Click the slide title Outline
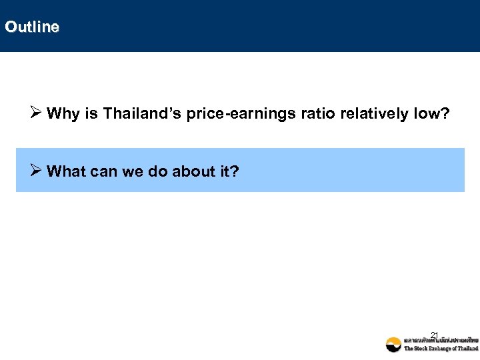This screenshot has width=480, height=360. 31,27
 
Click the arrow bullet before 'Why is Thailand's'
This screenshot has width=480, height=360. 38,114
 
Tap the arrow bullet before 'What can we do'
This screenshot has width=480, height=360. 38,172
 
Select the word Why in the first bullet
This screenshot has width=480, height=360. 63,114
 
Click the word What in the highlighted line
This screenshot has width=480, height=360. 66,172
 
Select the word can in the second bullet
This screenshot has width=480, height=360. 101,172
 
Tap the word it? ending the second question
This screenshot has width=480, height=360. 228,172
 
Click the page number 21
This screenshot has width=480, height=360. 434,335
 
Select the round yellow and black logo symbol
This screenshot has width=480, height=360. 394,344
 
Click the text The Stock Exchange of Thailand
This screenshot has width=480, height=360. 441,349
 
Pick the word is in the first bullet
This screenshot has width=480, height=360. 91,114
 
